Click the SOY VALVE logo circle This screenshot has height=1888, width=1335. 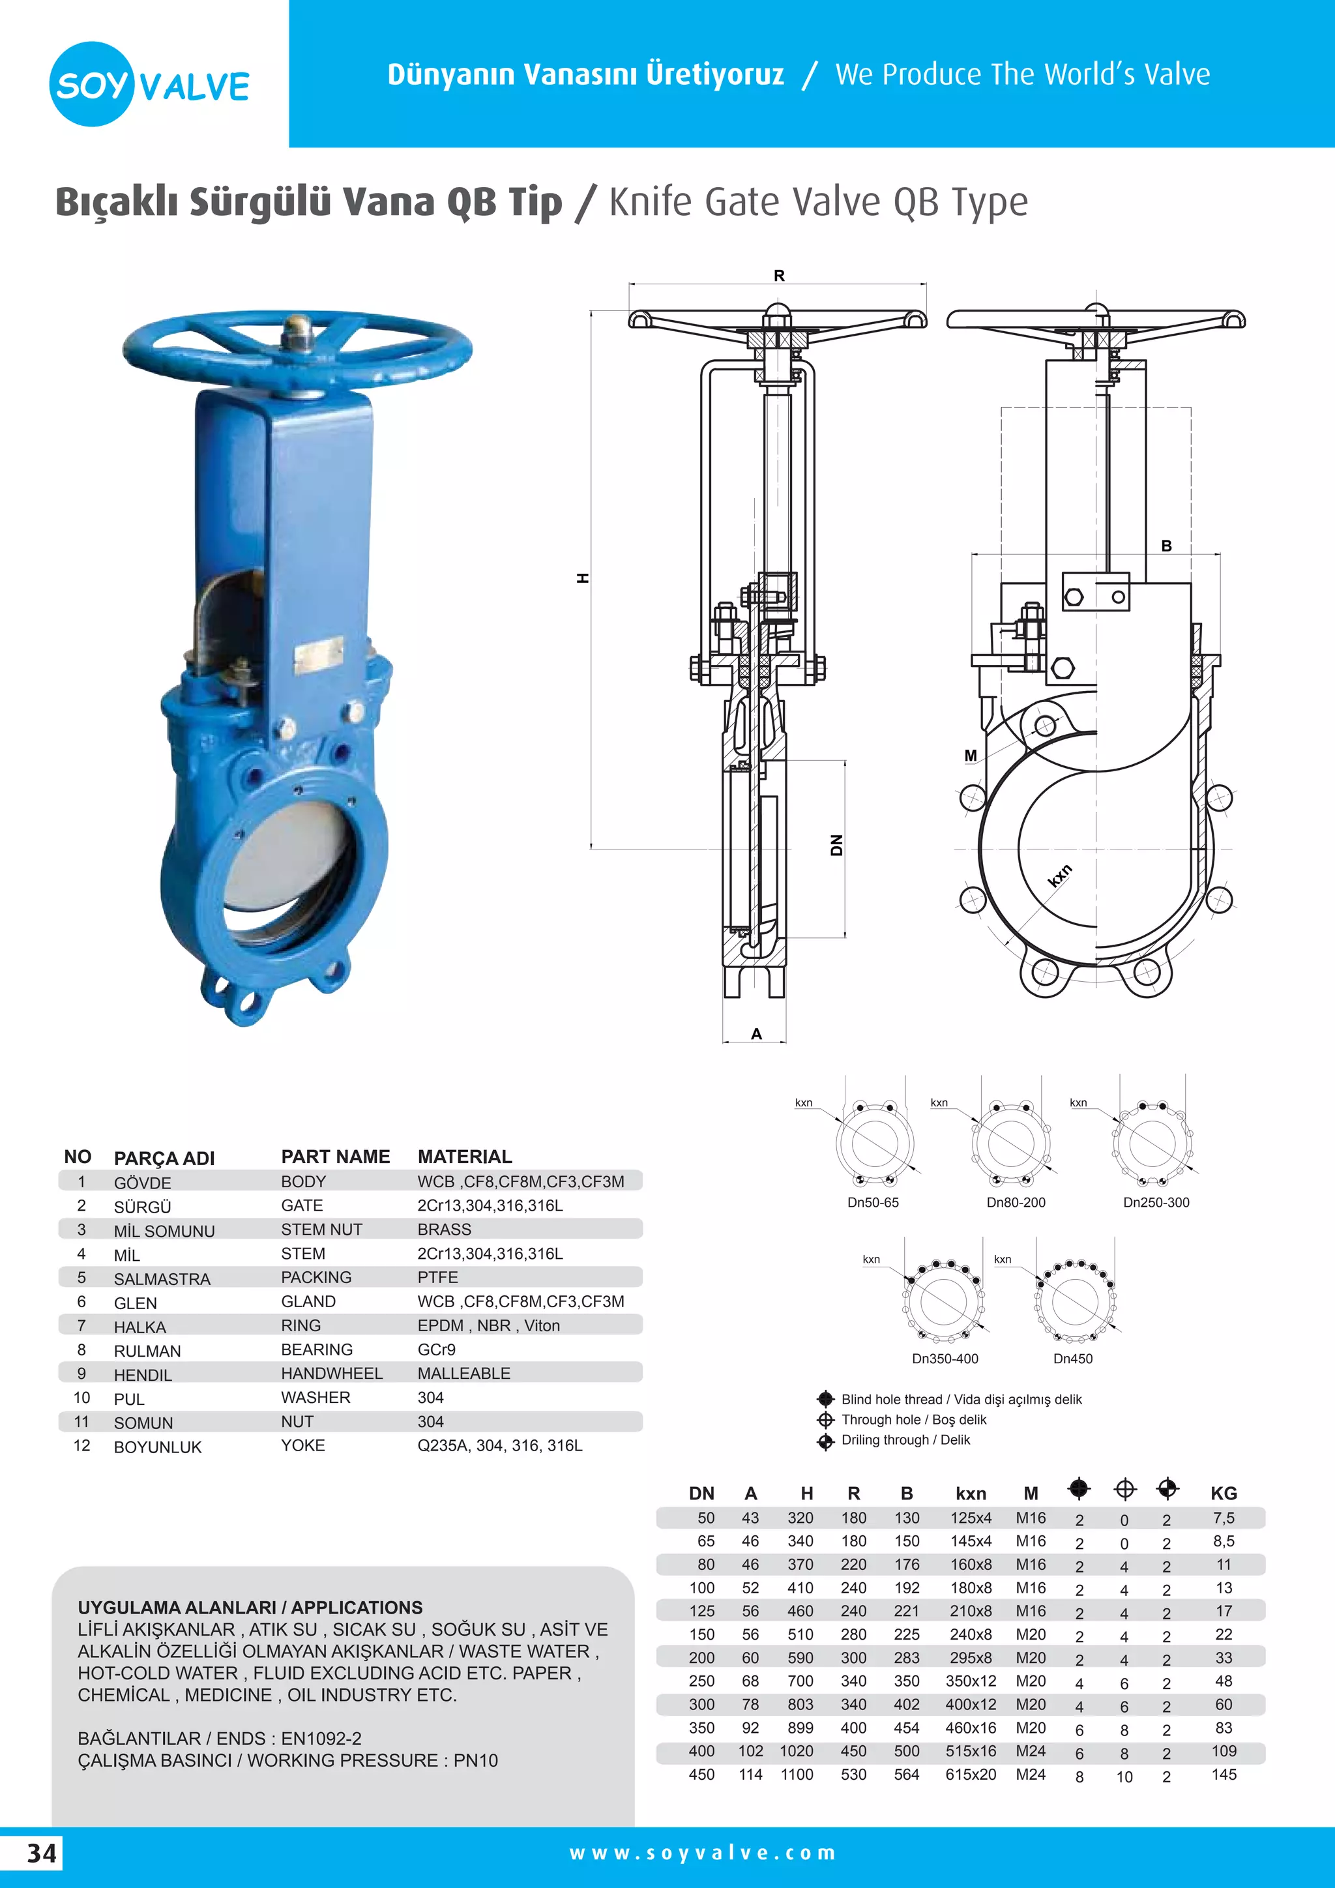[x=91, y=84]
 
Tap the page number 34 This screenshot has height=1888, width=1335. [x=42, y=1853]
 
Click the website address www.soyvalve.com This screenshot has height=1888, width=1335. [x=703, y=1853]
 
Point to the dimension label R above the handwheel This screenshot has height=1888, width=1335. [x=778, y=276]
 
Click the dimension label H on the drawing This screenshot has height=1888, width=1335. [x=583, y=578]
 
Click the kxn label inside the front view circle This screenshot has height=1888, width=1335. [x=1061, y=876]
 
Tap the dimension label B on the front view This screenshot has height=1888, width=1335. [x=1166, y=546]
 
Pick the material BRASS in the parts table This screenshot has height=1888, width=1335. [x=444, y=1230]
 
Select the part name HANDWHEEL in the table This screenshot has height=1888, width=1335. [x=331, y=1373]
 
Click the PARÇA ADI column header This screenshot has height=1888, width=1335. [x=164, y=1158]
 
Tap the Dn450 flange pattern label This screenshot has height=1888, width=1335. [x=1073, y=1359]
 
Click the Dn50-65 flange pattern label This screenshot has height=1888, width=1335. [x=873, y=1202]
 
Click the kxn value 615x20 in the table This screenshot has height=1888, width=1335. [x=970, y=1775]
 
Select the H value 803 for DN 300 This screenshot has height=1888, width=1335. [x=799, y=1705]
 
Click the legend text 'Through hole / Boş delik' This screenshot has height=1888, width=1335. [x=913, y=1419]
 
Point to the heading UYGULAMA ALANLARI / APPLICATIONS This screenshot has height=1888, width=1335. [x=250, y=1607]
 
